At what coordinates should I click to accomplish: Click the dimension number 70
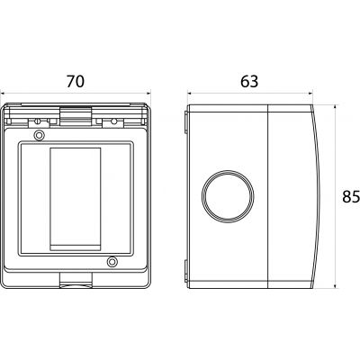(x=76, y=81)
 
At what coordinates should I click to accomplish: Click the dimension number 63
(x=249, y=81)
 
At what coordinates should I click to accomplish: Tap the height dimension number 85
(x=351, y=197)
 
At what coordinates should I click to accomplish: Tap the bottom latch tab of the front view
(x=76, y=280)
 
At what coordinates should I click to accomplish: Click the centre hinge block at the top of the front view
(x=76, y=116)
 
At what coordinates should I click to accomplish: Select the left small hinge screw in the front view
(x=38, y=121)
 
